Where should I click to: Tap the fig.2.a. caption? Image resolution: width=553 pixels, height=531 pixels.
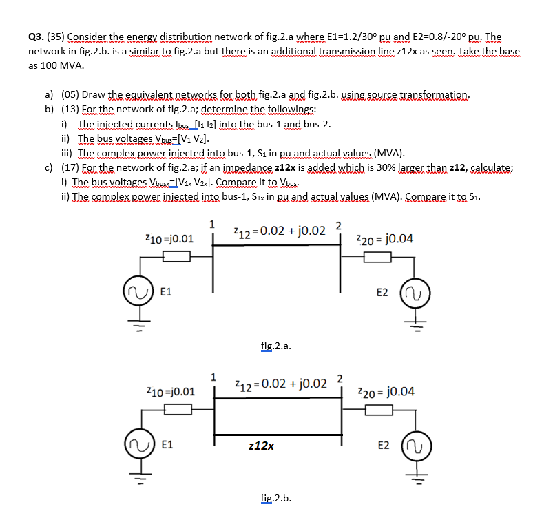click(x=276, y=346)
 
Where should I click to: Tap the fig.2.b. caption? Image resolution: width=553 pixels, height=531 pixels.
click(x=276, y=498)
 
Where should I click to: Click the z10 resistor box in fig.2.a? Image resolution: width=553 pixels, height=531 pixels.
click(x=177, y=257)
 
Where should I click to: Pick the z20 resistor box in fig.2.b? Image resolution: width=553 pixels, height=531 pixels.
click(x=377, y=410)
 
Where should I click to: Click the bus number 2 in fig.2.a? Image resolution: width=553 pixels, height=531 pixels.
click(x=338, y=225)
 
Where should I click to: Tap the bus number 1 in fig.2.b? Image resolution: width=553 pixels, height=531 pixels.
click(x=213, y=376)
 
